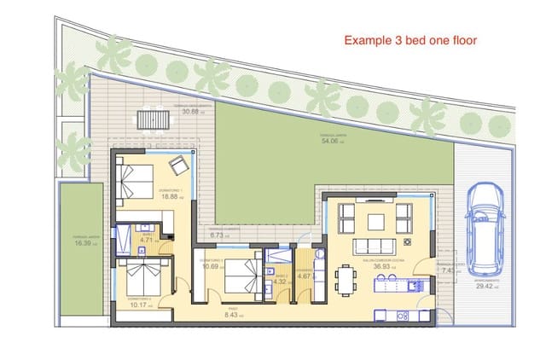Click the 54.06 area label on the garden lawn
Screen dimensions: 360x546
point(332,142)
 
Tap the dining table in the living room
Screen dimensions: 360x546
point(345,279)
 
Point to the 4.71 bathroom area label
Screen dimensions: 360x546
point(146,240)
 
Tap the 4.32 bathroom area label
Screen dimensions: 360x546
point(281,282)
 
